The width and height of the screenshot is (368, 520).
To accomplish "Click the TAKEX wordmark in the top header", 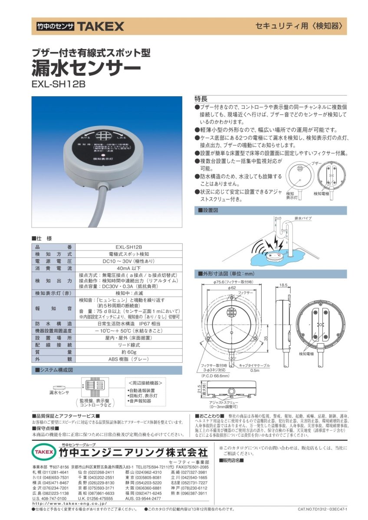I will [100, 26].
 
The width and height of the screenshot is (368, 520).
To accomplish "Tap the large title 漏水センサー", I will [86, 67].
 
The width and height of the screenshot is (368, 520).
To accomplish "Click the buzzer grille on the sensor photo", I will [104, 136].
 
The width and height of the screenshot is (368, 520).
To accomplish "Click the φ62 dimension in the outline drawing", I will [231, 287].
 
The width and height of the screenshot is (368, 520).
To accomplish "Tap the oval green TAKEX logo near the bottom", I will [43, 452].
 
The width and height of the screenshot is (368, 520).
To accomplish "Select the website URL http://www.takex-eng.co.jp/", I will [69, 504].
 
